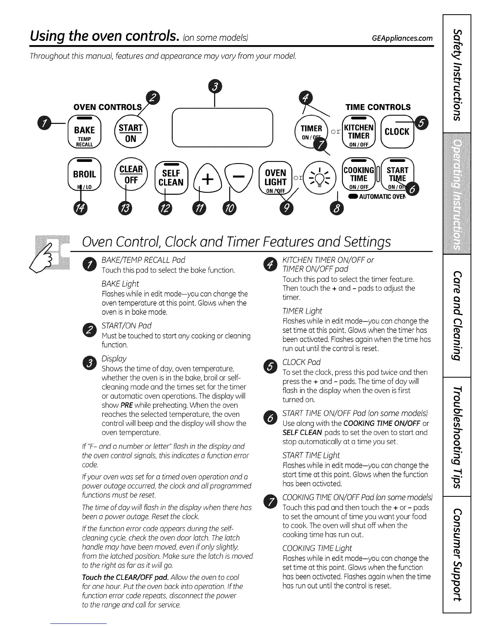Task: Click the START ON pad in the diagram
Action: click(x=130, y=133)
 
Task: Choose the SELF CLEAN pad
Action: click(x=171, y=178)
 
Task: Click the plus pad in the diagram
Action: click(x=207, y=179)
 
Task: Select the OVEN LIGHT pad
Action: click(x=275, y=178)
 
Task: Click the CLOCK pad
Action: click(x=397, y=132)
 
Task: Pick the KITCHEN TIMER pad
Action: click(x=358, y=132)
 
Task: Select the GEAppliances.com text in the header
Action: click(x=402, y=38)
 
